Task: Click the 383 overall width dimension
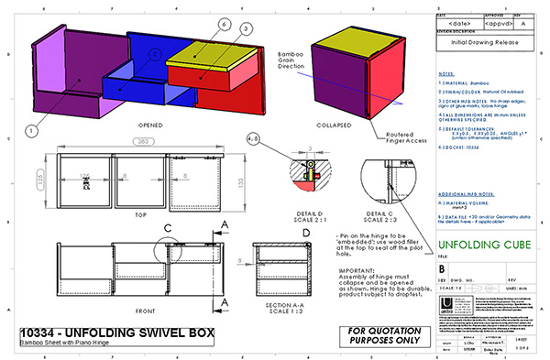[142, 143]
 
